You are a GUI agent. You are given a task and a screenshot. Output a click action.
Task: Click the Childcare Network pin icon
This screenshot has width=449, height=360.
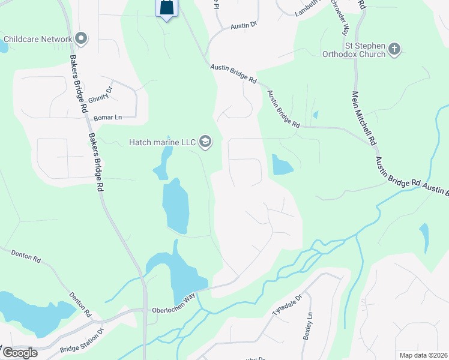point(82,39)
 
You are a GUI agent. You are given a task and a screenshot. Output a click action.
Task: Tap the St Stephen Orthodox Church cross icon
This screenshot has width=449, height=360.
point(394,49)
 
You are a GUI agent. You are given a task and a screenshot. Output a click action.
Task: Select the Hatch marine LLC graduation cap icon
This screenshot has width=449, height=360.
point(205,142)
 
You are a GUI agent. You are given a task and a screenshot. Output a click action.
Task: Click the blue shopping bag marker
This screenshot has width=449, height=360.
point(167,8)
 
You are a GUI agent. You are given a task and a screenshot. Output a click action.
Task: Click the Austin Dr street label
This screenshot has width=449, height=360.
point(244,25)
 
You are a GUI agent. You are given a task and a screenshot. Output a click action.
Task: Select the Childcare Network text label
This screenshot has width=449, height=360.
point(37,39)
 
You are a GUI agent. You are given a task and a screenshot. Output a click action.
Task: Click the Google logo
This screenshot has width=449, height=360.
point(19,353)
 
